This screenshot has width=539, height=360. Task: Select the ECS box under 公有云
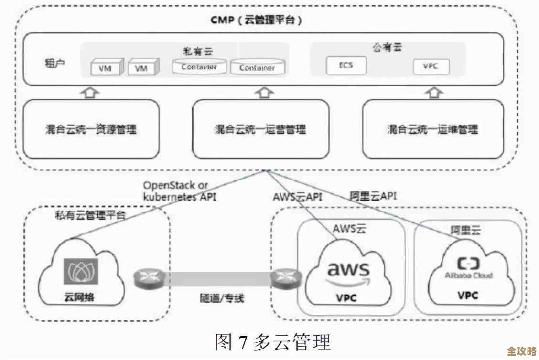tap(346, 65)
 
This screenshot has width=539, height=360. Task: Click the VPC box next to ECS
tap(431, 66)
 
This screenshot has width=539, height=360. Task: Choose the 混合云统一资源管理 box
tap(91, 129)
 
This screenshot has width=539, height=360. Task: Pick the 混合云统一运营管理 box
tap(260, 129)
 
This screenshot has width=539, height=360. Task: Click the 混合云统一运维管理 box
tap(432, 129)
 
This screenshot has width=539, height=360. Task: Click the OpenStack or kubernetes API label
tap(179, 191)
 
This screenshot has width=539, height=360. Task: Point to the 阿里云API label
tap(373, 196)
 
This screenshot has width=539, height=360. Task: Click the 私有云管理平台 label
tap(91, 215)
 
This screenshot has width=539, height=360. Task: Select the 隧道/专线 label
tap(222, 298)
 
